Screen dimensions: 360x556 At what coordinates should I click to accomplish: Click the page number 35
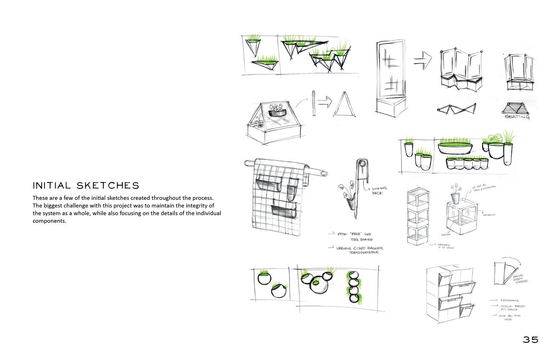[x=530, y=340]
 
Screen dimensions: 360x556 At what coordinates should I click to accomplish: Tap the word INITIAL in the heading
[x=52, y=186]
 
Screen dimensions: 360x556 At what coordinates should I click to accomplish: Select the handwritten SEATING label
[x=517, y=117]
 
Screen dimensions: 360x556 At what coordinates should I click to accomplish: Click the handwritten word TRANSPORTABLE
[x=364, y=252]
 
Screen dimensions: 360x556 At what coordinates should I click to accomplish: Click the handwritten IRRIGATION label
[x=489, y=215]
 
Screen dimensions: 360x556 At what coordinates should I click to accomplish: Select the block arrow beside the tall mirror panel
[x=423, y=60]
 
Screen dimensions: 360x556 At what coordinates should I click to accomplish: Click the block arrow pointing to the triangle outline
[x=324, y=103]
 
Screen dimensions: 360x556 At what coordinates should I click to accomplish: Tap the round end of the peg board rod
[x=324, y=174]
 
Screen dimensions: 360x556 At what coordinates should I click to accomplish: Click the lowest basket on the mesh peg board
[x=284, y=211]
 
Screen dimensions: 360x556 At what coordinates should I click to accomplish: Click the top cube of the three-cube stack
[x=418, y=198]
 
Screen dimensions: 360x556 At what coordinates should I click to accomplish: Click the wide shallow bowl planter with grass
[x=456, y=148]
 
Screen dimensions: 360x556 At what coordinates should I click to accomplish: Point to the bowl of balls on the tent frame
[x=277, y=112]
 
